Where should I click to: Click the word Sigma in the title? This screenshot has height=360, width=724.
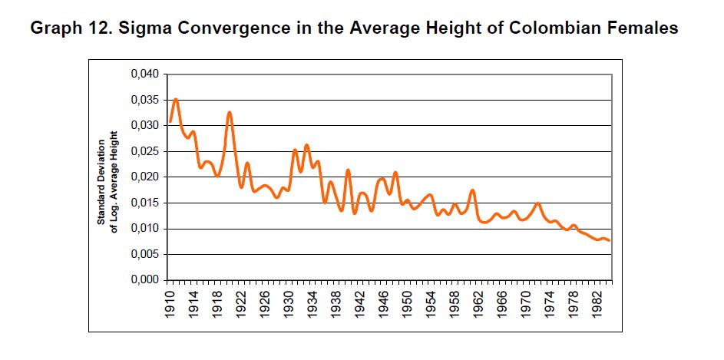(148, 28)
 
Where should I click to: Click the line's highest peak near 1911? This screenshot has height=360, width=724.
(176, 99)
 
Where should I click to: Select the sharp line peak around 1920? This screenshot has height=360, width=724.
(230, 112)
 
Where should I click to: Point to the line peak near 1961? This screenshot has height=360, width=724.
(473, 190)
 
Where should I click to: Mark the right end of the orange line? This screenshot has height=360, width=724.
(610, 241)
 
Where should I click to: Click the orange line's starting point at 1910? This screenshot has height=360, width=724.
(170, 123)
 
